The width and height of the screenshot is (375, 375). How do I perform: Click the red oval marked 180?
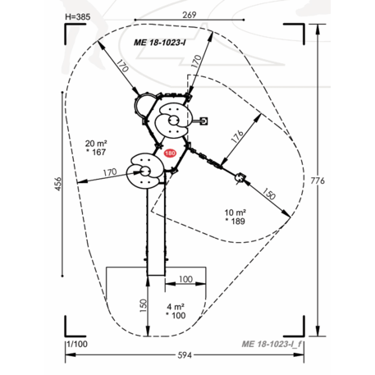pos(170,153)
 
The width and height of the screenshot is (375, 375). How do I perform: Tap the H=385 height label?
pos(78,17)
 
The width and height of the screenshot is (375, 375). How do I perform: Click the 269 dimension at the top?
pos(190,15)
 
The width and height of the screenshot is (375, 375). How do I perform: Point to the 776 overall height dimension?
pos(318,181)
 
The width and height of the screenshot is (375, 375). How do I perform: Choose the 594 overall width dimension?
pos(185,355)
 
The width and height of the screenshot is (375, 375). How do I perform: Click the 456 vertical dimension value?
pos(58,184)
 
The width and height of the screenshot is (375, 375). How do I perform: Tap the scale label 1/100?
pos(78,344)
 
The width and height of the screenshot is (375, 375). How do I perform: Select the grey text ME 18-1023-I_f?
pos(272,344)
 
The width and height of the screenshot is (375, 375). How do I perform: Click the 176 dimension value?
pos(237,136)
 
